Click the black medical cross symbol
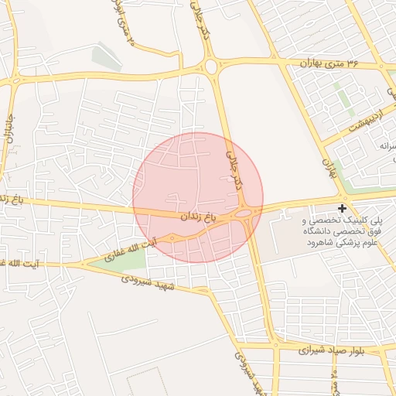pos(343,208)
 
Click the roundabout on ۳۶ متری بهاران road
pos(211,67)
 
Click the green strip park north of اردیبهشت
pos(341,100)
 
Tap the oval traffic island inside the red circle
pos(244,213)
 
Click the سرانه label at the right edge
pos(386,145)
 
